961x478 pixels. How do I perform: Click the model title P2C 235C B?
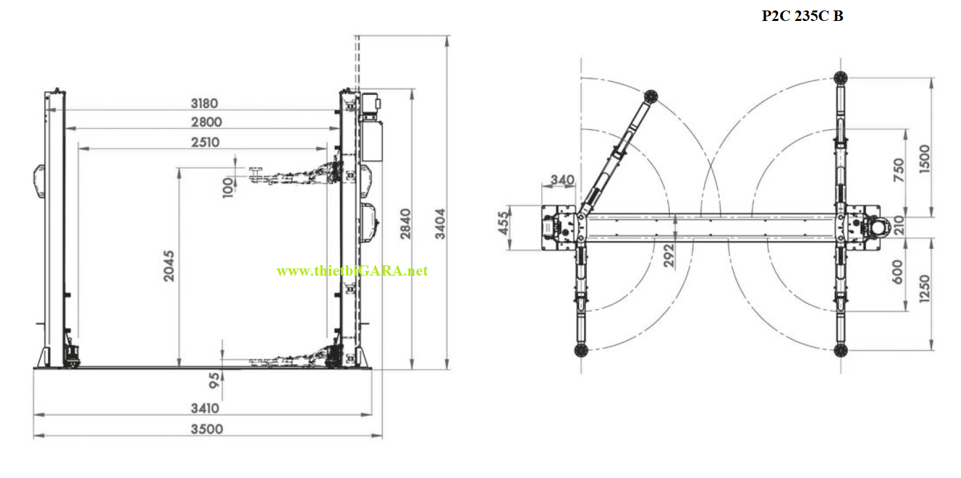click(802, 16)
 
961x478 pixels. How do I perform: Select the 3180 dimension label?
click(205, 103)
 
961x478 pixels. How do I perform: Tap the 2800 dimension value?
click(206, 122)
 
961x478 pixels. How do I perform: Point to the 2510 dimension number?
click(205, 142)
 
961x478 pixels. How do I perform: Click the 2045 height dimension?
click(169, 266)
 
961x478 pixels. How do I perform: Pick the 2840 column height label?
click(405, 224)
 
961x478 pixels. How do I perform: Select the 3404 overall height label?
click(440, 224)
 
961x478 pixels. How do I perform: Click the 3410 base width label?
click(205, 408)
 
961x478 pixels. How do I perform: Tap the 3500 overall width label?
click(206, 429)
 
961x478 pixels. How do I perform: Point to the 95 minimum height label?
click(214, 380)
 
